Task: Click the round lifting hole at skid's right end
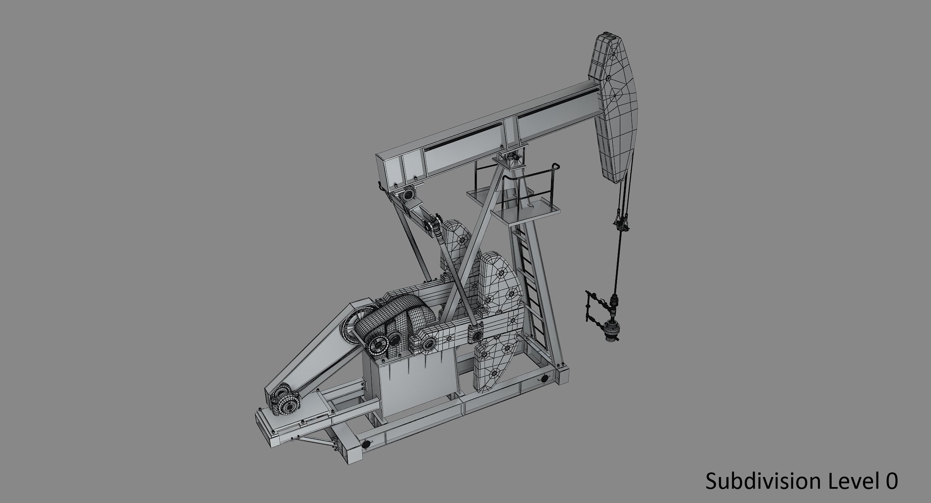[x=545, y=379]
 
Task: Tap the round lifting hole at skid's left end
[x=367, y=444]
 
